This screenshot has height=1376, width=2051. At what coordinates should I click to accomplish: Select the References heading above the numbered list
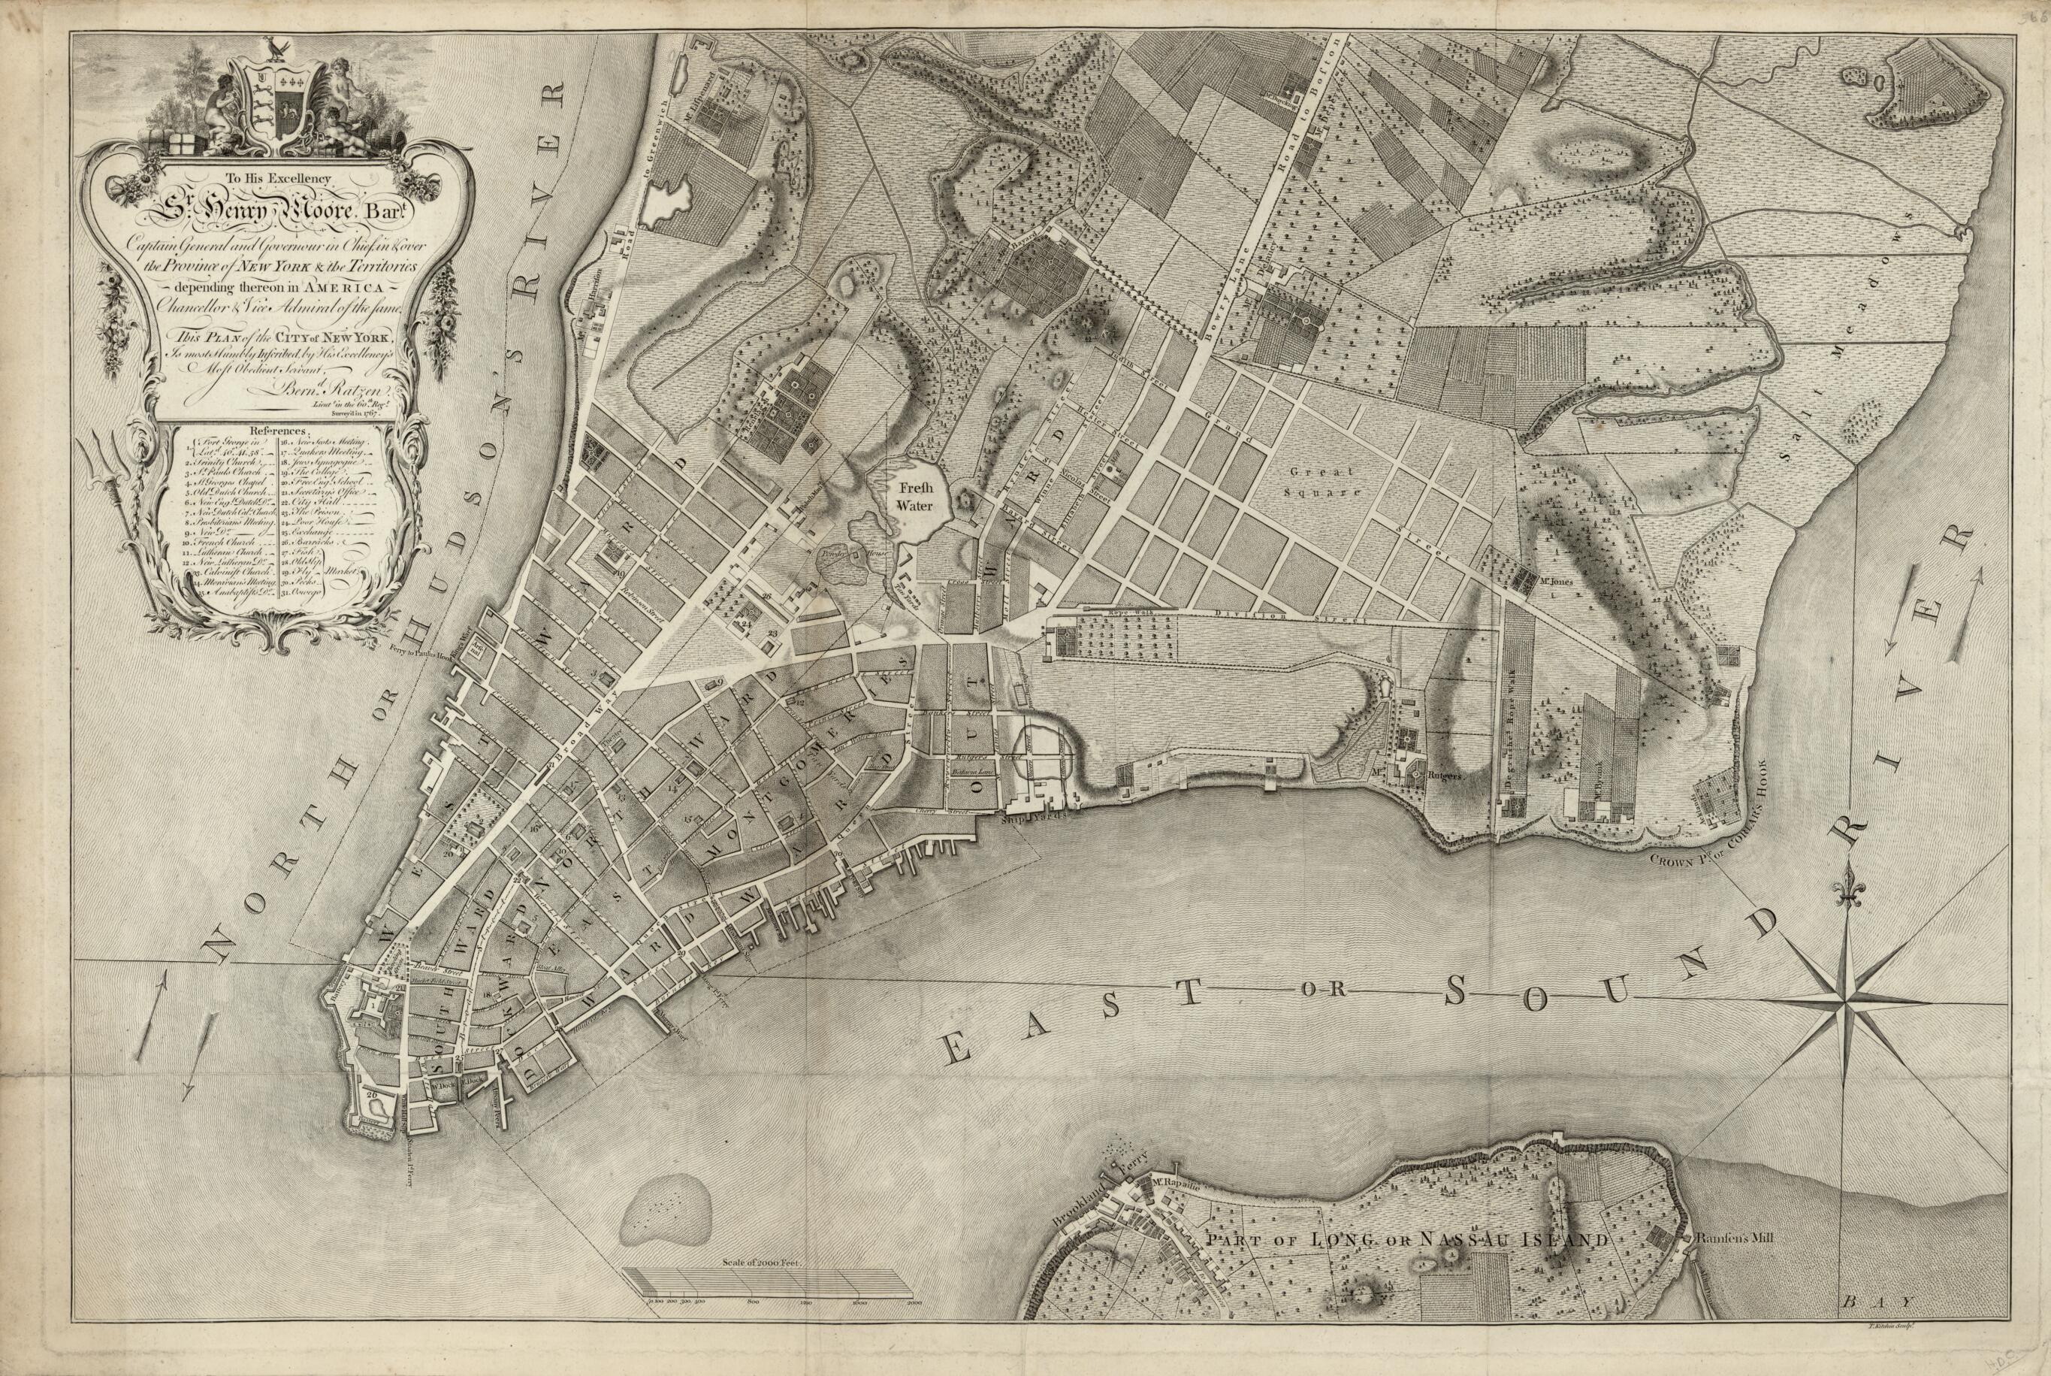point(277,431)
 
